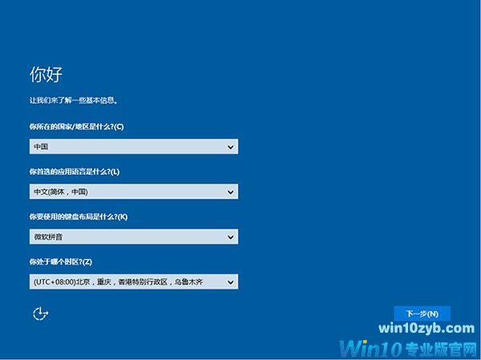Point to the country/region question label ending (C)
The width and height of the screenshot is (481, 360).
click(76, 127)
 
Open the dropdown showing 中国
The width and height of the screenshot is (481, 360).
click(128, 147)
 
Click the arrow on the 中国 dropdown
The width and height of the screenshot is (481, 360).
click(231, 147)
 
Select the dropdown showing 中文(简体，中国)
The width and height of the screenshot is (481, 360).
click(128, 192)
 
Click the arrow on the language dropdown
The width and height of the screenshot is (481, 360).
click(231, 192)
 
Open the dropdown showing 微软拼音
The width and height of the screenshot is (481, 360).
click(128, 237)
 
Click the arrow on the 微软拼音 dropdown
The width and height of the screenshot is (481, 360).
click(231, 237)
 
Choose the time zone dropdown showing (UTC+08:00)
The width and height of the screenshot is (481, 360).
click(128, 281)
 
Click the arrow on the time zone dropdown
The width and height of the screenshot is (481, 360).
click(231, 281)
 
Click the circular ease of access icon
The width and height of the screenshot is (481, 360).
click(39, 313)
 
